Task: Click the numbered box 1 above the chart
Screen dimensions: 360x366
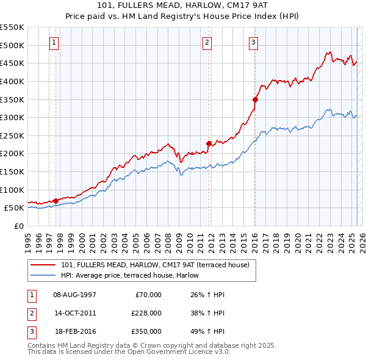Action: (x=54, y=43)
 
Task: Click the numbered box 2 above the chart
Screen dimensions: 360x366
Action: (x=207, y=43)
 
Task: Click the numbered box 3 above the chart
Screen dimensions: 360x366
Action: (x=253, y=43)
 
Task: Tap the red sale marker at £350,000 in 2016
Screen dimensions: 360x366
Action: (x=255, y=99)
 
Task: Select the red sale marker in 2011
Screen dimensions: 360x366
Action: (x=209, y=143)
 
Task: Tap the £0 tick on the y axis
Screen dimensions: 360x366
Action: (x=19, y=226)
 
